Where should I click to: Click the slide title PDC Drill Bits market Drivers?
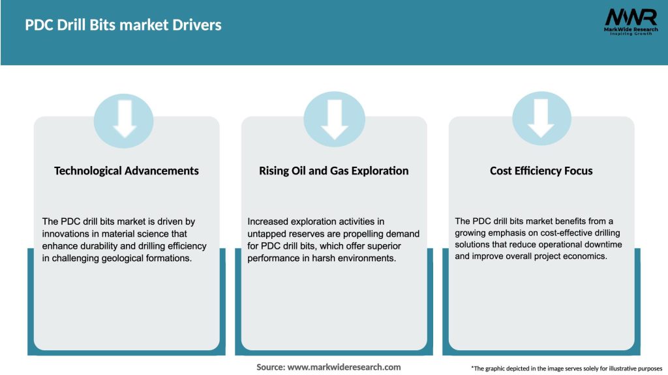tap(123, 25)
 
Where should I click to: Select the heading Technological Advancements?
tap(127, 171)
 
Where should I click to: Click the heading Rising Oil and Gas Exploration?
tap(334, 171)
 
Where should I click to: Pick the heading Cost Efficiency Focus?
tap(541, 171)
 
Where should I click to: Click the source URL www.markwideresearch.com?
tap(344, 367)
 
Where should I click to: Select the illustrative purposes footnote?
tap(566, 368)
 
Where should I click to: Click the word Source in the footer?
tap(270, 367)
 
